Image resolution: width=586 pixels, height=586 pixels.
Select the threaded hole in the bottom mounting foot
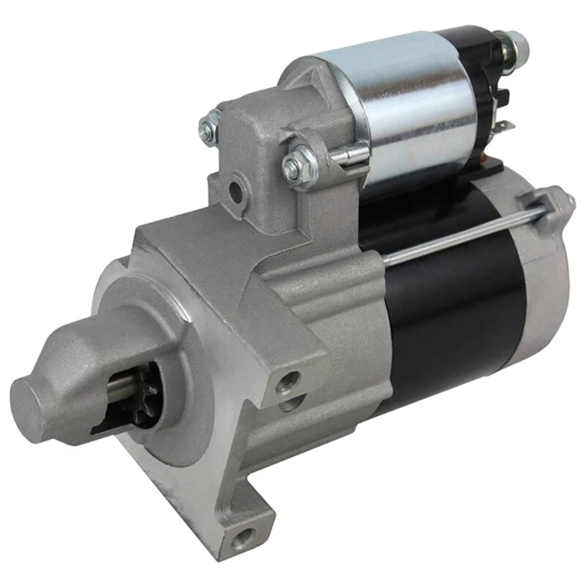click(x=244, y=536)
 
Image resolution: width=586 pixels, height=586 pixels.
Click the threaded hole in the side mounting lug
click(x=289, y=384)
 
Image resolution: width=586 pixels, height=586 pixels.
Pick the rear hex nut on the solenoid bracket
click(x=208, y=126)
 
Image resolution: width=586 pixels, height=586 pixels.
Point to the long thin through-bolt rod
click(x=452, y=234)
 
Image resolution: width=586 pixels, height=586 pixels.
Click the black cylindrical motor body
click(x=452, y=310)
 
